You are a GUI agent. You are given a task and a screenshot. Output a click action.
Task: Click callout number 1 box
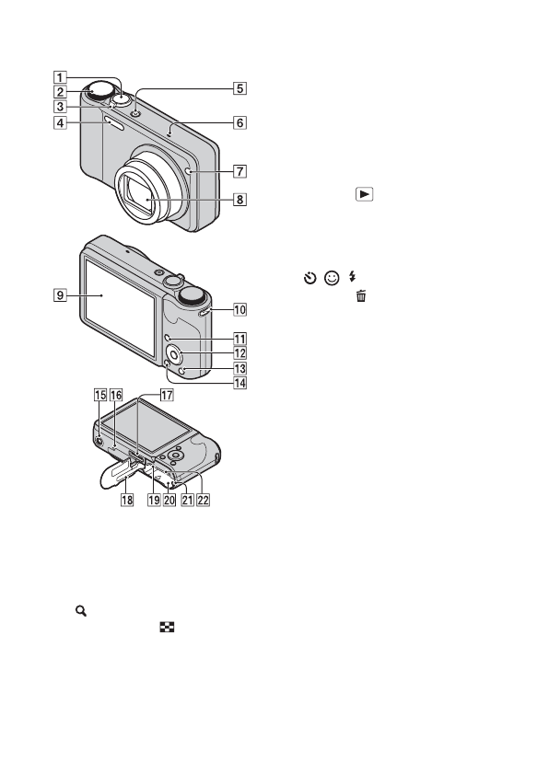tap(60, 77)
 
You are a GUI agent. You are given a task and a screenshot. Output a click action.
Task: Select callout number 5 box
tap(239, 88)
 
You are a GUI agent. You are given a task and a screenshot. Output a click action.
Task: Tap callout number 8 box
tap(239, 200)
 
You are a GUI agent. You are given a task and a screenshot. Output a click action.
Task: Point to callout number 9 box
tap(60, 295)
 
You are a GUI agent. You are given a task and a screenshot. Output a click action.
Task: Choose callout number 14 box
tap(239, 383)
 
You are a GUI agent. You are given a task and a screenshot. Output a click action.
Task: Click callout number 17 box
tap(167, 395)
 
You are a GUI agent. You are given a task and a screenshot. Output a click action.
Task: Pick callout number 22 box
tap(203, 500)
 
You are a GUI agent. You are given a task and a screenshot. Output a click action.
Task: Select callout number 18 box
tap(127, 500)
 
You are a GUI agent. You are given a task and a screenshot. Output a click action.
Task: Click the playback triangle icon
tap(364, 194)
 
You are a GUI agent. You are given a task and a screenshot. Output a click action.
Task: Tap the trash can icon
tap(361, 295)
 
